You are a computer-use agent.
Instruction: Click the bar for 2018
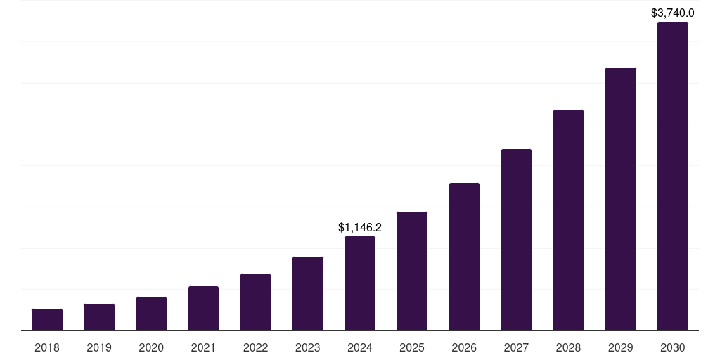(x=47, y=320)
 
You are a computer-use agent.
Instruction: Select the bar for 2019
(x=99, y=317)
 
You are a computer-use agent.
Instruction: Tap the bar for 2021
(x=203, y=309)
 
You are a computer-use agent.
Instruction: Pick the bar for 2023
(x=308, y=294)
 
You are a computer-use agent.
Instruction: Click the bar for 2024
(x=360, y=283)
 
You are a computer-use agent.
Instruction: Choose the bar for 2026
(x=464, y=257)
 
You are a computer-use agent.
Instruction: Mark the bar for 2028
(x=568, y=220)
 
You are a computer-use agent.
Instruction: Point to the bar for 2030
(x=673, y=176)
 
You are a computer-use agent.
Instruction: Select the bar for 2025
(x=412, y=271)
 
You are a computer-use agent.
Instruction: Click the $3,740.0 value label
(x=673, y=13)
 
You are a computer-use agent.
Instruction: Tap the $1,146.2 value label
(x=360, y=227)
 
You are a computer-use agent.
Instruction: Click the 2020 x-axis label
(x=151, y=347)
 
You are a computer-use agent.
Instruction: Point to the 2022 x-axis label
(x=255, y=347)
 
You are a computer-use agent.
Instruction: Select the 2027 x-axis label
(x=516, y=347)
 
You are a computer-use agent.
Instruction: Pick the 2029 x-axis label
(x=621, y=347)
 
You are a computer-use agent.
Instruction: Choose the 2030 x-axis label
(x=673, y=347)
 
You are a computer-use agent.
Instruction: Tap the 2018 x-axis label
(x=47, y=347)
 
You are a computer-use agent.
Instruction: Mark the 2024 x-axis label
(x=360, y=347)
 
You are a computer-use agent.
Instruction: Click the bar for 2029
(x=621, y=199)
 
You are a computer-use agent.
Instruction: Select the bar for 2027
(x=516, y=240)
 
